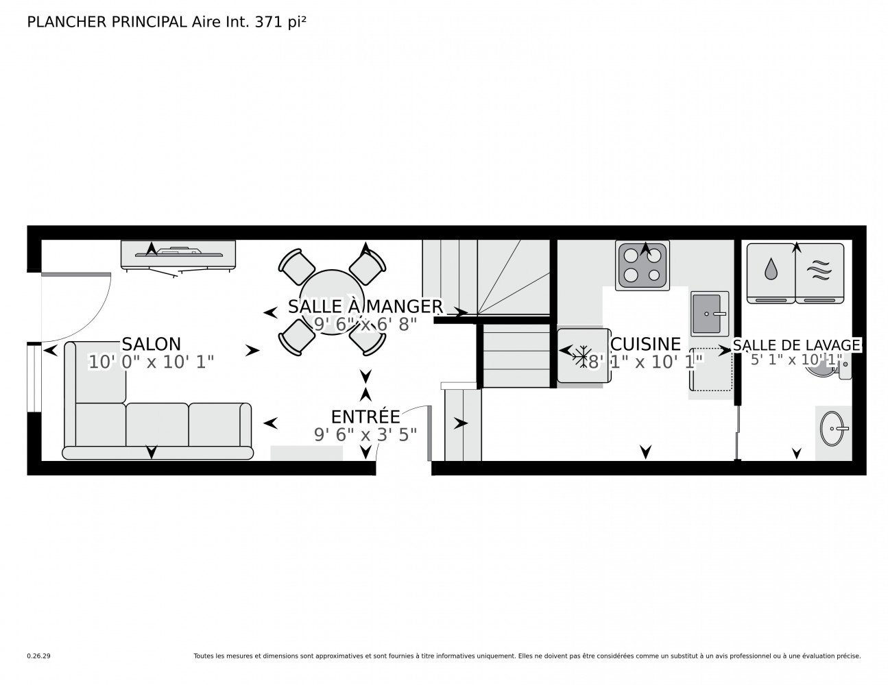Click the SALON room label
pos(151,344)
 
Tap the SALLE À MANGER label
pos(365,306)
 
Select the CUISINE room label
pos(645,344)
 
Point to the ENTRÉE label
pos(365,416)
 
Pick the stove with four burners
pos(642,265)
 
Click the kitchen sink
pos(709,314)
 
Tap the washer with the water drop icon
pos(771,273)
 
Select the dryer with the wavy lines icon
pos(819,273)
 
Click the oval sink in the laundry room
pos(832,428)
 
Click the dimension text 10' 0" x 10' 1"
pos(152,362)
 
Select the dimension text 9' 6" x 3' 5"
pos(365,435)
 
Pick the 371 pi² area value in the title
pos(280,22)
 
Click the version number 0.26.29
pos(39,656)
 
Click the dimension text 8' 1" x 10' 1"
pos(645,362)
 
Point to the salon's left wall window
pos(34,377)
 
